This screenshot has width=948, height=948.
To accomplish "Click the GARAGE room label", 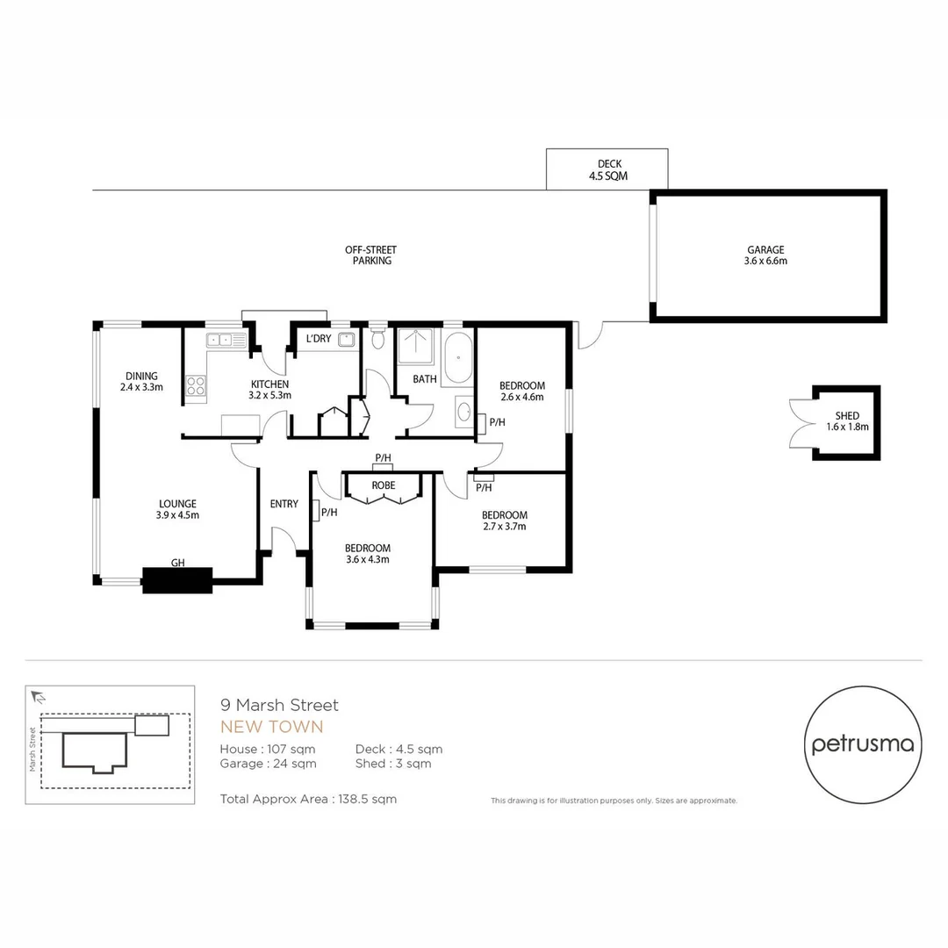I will pos(766,249).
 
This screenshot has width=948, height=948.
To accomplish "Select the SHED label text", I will pos(847,416).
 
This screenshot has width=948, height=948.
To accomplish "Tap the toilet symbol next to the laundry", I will pos(377,338).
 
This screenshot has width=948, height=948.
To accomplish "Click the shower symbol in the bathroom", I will pos(416,347).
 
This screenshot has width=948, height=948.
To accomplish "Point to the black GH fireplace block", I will pos(177,580).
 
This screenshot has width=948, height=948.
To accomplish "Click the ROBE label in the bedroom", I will pos(383,485).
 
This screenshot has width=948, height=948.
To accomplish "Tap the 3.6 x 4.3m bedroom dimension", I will pos(368,559).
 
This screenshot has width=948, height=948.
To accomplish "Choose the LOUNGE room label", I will pos(177,504).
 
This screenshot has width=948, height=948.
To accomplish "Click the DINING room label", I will pos(141,376).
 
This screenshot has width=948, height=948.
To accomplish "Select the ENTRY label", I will pos(284,504).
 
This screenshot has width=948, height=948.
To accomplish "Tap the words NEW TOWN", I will pos(271,727).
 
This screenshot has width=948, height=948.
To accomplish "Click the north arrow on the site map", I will pos(37,697).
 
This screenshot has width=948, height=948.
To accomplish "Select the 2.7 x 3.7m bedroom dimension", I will pos(504,527).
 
